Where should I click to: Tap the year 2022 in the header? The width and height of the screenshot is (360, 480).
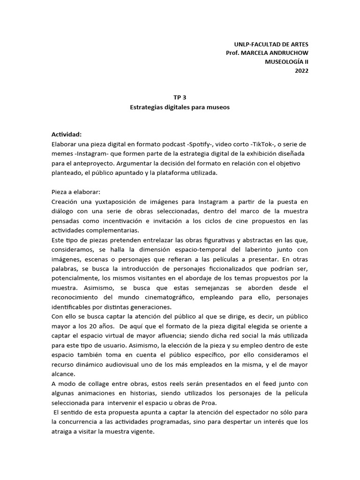click(x=301, y=71)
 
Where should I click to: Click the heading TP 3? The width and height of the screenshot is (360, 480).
click(x=180, y=98)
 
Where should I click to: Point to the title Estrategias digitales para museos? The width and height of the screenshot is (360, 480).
click(x=180, y=107)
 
